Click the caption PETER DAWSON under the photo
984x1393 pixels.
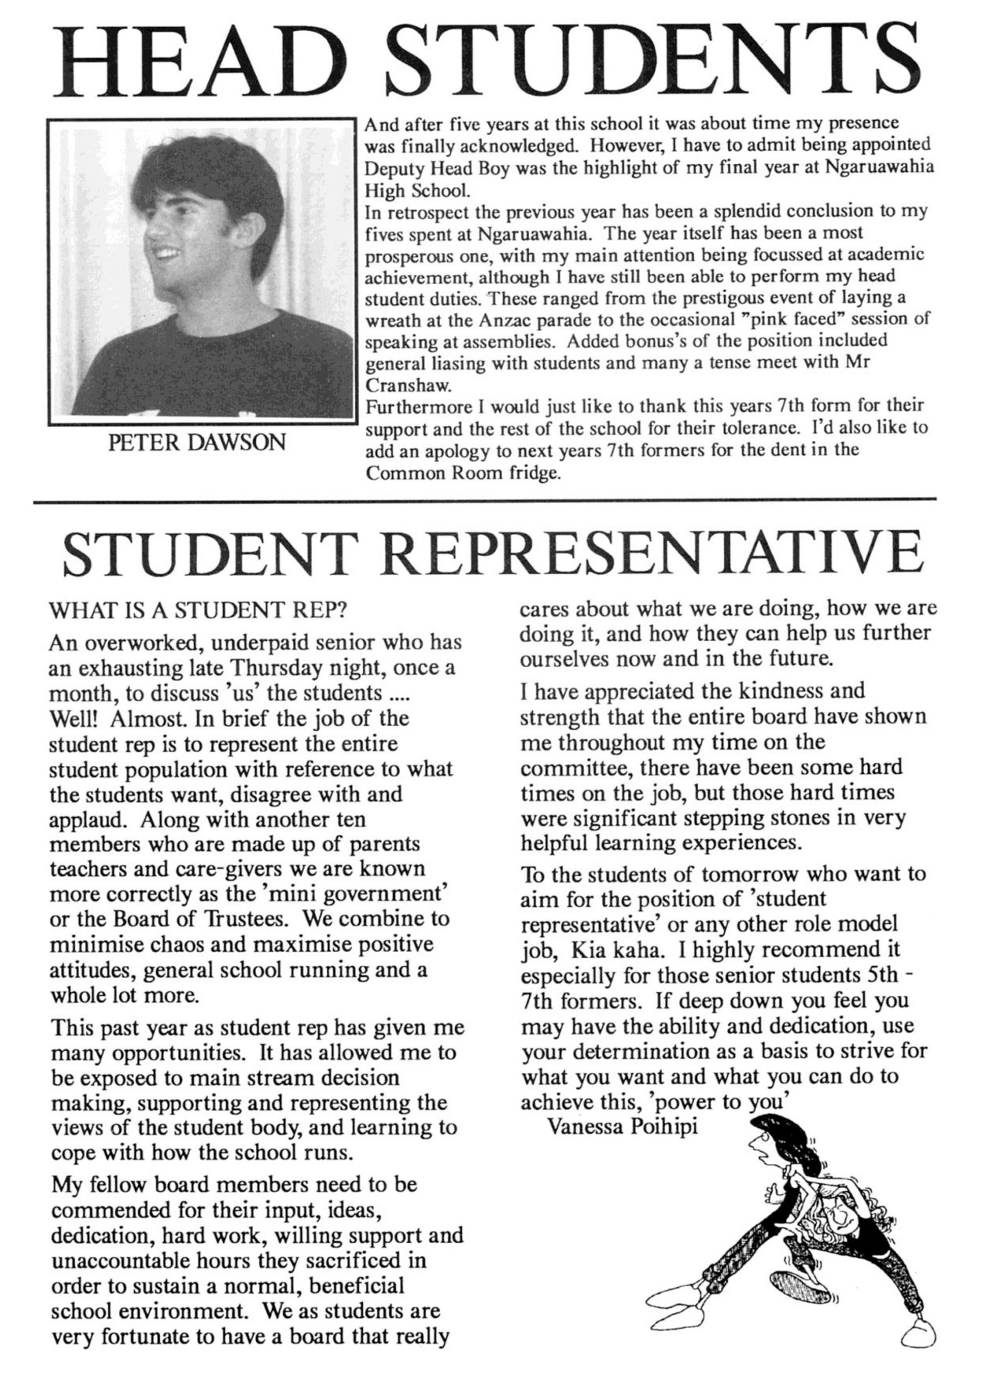[196, 443]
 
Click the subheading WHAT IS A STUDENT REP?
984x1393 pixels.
[197, 610]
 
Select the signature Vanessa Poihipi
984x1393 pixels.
[621, 1126]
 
